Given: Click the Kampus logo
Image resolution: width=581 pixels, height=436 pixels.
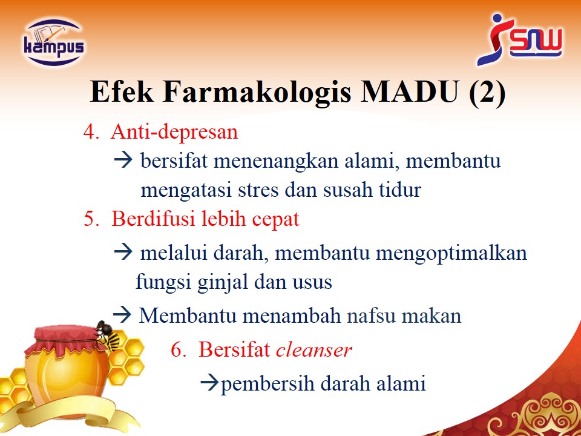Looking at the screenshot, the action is click(x=54, y=42).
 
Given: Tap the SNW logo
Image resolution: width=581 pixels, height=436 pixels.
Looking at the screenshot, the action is click(x=519, y=39).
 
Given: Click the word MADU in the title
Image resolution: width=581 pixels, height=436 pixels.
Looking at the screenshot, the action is click(x=410, y=91).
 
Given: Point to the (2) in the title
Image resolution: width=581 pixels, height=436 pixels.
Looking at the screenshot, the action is click(x=487, y=92).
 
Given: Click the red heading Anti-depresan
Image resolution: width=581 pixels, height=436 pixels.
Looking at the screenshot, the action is click(x=174, y=131).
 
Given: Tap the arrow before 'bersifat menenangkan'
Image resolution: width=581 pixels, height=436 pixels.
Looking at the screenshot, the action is click(x=123, y=160).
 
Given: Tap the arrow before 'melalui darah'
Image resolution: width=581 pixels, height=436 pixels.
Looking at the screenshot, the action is click(x=123, y=252).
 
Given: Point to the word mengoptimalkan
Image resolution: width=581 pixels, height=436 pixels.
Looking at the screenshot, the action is click(x=451, y=254).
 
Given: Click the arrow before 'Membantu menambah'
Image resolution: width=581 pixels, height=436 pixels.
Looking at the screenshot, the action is click(x=122, y=315).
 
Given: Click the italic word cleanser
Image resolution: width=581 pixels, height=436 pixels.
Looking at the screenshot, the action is click(x=314, y=349).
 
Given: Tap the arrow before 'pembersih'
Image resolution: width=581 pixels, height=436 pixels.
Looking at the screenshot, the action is click(x=210, y=383).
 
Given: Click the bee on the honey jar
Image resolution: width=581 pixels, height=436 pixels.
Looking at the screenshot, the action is click(x=108, y=335).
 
